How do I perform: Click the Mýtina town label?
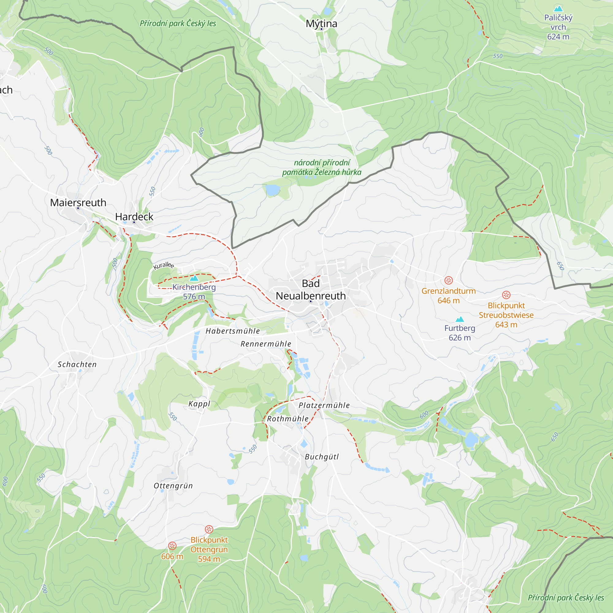(321, 24)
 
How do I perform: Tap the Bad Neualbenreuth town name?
(310, 290)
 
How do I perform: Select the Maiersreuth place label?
(78, 202)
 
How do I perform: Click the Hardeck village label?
(134, 217)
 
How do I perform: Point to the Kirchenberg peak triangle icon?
(194, 278)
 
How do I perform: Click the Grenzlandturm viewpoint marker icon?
(448, 280)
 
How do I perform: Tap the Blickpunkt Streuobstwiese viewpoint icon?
(506, 295)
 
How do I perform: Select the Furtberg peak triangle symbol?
(460, 319)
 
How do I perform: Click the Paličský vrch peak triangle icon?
(558, 9)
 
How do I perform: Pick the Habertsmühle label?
(233, 331)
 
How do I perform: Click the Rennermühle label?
(266, 344)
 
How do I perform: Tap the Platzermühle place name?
(324, 405)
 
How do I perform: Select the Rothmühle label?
(287, 419)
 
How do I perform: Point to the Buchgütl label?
(322, 457)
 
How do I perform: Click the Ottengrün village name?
(173, 486)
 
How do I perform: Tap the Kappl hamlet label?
(199, 404)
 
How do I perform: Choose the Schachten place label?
(77, 364)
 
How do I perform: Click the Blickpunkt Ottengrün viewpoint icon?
(209, 529)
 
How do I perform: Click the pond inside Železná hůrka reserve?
(272, 190)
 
